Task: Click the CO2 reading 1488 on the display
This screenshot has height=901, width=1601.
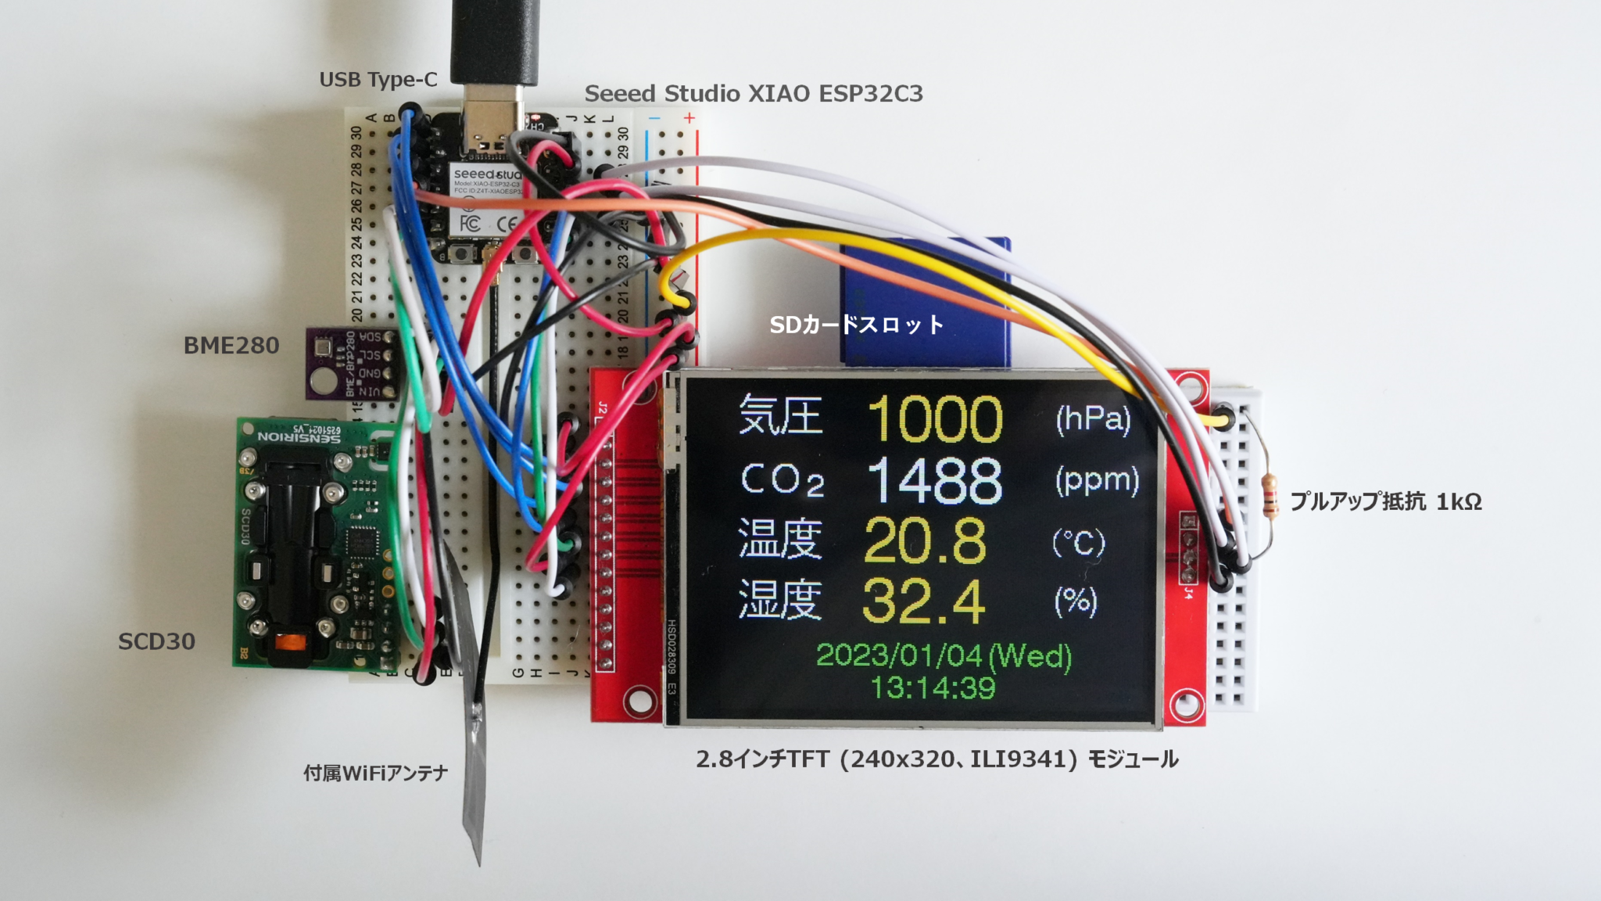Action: (x=935, y=480)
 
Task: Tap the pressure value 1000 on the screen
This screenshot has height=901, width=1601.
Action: (x=935, y=419)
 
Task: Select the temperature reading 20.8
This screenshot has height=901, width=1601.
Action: (x=925, y=540)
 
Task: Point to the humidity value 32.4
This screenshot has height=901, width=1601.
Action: (x=923, y=601)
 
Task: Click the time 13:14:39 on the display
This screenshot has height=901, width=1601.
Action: (x=933, y=688)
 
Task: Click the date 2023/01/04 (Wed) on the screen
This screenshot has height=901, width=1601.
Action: (x=944, y=655)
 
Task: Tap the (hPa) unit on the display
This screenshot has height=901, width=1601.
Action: (x=1093, y=420)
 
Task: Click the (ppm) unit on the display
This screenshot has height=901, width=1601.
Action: (x=1097, y=480)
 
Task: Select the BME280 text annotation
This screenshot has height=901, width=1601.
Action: (x=231, y=346)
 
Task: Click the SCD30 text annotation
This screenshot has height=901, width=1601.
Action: (x=156, y=642)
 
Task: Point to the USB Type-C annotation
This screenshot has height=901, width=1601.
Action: (x=378, y=80)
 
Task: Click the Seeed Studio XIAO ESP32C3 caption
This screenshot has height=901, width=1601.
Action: (x=754, y=94)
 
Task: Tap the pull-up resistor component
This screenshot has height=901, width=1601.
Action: (x=1270, y=496)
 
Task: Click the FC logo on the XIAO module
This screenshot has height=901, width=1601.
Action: (x=469, y=224)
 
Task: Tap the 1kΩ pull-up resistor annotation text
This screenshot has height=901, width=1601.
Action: (x=1385, y=501)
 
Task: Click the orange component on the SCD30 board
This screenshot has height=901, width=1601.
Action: (x=288, y=644)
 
